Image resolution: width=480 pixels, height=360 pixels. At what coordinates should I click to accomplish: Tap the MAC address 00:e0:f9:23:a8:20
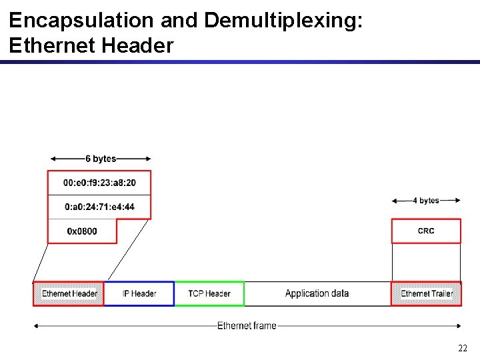(x=99, y=183)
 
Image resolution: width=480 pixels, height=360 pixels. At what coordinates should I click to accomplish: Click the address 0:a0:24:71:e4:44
(x=99, y=207)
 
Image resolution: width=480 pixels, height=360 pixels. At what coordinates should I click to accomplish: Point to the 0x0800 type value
(x=82, y=231)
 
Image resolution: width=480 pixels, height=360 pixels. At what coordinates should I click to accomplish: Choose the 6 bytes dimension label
(x=101, y=159)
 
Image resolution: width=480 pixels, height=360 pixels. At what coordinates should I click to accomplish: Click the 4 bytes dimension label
(x=426, y=201)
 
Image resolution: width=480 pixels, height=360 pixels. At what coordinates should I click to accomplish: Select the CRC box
(x=426, y=231)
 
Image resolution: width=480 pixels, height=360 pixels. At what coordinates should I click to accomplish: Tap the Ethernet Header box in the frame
(x=69, y=293)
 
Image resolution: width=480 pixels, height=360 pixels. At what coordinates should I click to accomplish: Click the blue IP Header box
(x=139, y=293)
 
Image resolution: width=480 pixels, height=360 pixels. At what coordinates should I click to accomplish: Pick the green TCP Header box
(x=209, y=293)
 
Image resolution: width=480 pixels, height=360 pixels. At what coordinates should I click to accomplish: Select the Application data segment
(x=317, y=293)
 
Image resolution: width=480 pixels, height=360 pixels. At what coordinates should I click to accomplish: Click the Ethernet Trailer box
(x=426, y=293)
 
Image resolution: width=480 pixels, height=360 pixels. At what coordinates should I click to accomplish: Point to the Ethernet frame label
(x=247, y=325)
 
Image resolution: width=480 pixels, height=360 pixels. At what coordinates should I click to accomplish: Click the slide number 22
(x=463, y=348)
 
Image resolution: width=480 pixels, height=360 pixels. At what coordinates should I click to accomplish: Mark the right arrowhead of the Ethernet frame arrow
(x=458, y=325)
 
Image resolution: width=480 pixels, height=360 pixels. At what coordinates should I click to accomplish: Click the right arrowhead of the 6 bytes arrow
(x=148, y=159)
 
